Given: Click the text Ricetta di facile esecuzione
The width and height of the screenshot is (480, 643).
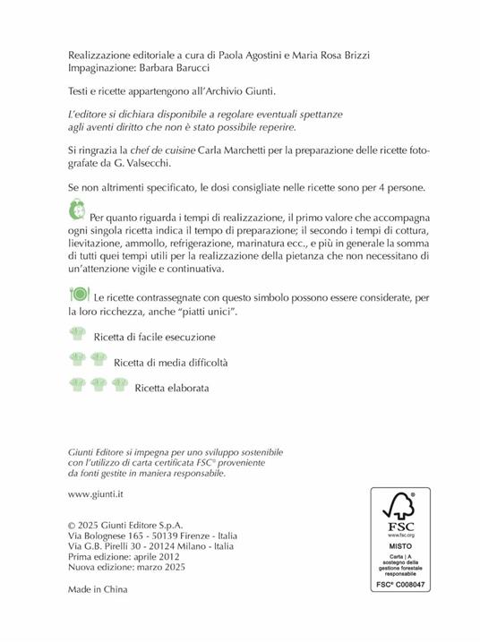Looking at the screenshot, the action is [155, 338].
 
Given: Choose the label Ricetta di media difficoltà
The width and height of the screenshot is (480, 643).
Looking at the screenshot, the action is [172, 363].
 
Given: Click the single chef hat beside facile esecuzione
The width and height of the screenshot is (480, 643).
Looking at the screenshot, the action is [78, 336].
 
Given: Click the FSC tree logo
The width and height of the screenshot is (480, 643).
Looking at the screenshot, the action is [400, 510].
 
